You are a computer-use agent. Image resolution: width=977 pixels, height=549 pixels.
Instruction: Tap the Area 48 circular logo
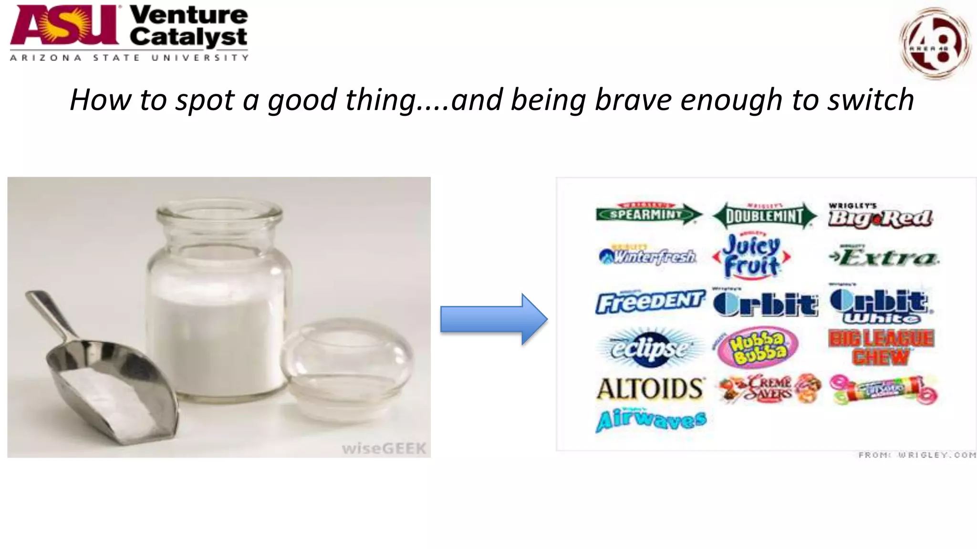(x=935, y=43)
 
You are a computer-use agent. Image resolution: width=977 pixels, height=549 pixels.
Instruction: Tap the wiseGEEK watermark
(x=384, y=448)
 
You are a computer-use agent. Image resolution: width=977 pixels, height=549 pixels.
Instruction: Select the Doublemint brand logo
(x=764, y=216)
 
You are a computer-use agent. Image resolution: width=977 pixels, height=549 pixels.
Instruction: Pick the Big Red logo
(x=880, y=217)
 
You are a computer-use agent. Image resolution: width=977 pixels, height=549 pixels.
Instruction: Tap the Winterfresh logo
(x=648, y=256)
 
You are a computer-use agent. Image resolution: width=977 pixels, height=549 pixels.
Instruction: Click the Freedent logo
(x=650, y=302)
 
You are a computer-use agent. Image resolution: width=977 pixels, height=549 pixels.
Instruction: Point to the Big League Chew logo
(x=882, y=347)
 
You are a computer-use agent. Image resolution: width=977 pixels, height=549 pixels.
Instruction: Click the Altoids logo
(x=650, y=389)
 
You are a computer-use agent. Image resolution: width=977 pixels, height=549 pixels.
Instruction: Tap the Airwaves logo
(x=651, y=420)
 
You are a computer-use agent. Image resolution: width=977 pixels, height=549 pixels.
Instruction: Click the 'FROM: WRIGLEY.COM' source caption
(x=916, y=455)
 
